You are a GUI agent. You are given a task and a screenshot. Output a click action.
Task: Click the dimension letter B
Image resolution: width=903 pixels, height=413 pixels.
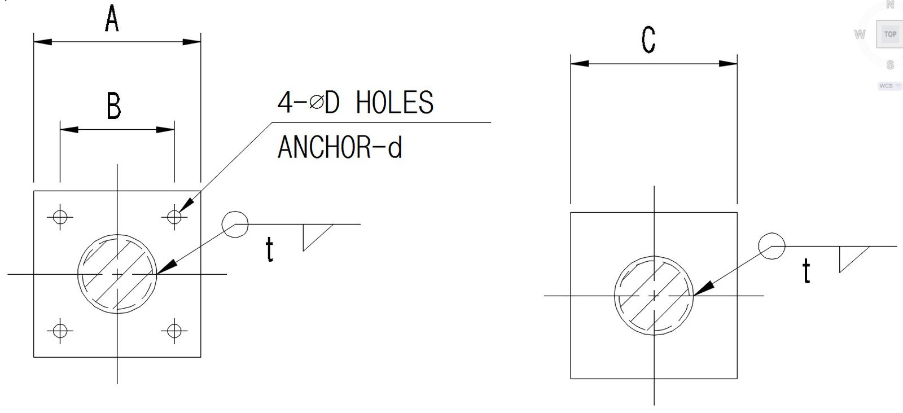pos(114,106)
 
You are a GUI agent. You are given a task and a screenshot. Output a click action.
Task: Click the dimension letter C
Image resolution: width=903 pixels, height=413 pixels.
pos(648,39)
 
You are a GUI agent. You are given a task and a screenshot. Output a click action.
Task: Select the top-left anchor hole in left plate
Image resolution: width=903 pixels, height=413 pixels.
pos(60,216)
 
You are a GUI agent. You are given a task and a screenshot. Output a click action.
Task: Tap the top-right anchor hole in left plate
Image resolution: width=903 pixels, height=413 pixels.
pos(174,216)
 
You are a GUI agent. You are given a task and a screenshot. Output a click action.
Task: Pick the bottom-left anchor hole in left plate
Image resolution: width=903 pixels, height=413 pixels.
pos(60,330)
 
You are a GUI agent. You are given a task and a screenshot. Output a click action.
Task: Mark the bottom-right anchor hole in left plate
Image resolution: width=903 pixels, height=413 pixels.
pos(174,330)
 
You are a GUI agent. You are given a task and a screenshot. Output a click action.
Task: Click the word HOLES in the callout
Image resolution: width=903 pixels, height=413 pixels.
pos(394,103)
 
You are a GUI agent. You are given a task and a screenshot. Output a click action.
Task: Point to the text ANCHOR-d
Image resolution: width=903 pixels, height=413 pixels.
pos(340,147)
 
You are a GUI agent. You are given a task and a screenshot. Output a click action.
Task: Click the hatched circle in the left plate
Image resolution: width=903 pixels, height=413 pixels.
pos(117,274)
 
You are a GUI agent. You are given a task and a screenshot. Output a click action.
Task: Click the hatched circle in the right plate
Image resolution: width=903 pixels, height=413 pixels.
pos(654,295)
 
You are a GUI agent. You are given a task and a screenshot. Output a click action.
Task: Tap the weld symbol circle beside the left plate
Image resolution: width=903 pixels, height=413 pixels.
pos(235,224)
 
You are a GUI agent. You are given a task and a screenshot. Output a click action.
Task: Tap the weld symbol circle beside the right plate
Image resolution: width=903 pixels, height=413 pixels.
pos(772,246)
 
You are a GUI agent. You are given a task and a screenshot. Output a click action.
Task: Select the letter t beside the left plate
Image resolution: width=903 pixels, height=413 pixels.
pos(270,250)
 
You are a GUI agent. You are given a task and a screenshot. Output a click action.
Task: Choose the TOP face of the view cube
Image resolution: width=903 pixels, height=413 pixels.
pos(890,34)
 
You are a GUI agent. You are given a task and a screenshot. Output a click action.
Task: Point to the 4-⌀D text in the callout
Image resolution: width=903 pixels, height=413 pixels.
pos(308,103)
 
